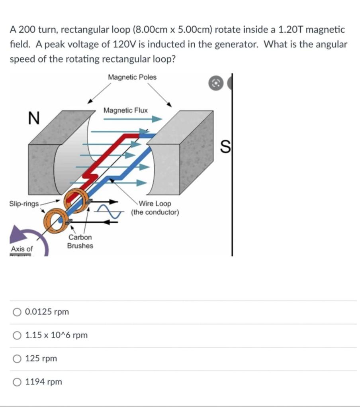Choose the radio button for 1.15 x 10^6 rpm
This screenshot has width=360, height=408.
(x=17, y=335)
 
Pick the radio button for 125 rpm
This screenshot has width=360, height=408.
(x=17, y=359)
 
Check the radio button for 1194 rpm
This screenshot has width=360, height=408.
(x=17, y=382)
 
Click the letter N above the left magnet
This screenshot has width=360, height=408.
(x=34, y=118)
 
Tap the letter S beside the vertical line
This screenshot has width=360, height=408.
(x=225, y=147)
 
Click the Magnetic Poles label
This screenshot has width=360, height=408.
(x=132, y=77)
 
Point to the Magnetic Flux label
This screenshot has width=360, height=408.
(x=125, y=110)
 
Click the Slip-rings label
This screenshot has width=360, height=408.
(x=24, y=204)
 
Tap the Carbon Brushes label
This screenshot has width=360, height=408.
(x=80, y=241)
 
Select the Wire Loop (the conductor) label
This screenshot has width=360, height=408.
(x=155, y=208)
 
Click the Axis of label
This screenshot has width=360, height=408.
(x=22, y=249)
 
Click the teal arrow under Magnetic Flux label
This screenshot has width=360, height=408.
(x=131, y=119)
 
